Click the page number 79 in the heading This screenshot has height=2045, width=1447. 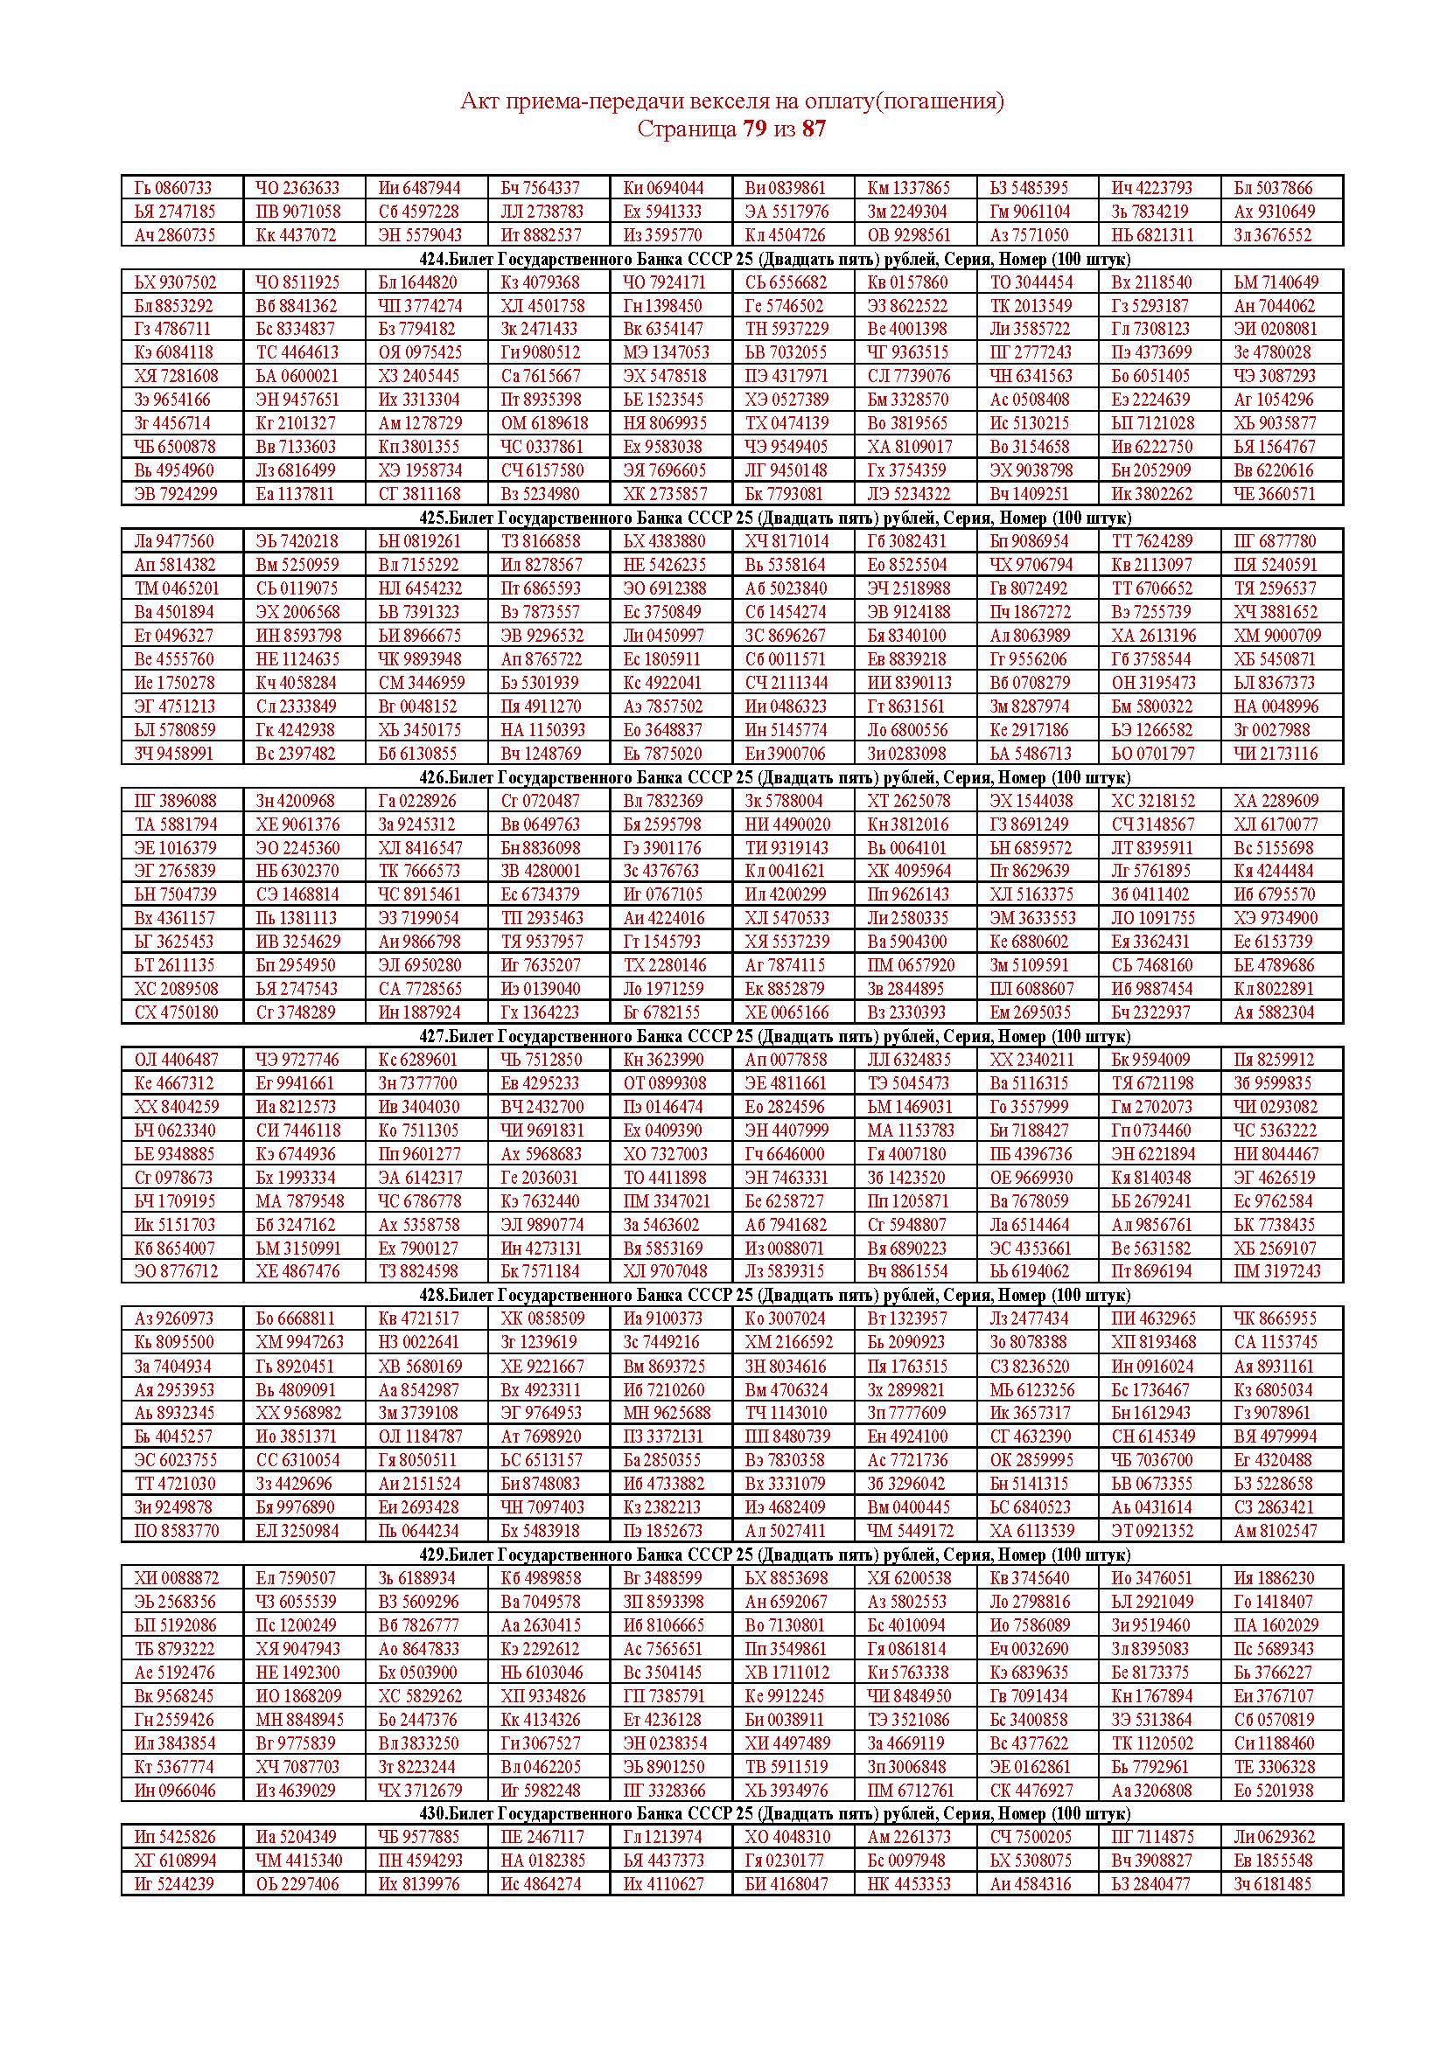tap(754, 129)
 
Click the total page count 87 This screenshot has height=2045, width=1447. tap(814, 129)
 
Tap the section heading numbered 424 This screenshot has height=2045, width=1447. tap(774, 259)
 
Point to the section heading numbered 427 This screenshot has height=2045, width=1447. tap(774, 1036)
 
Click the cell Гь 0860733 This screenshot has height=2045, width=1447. tap(174, 188)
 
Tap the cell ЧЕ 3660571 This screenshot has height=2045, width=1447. tap(1274, 493)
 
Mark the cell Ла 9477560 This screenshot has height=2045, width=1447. tap(174, 540)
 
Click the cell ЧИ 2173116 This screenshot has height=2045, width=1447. tap(1274, 753)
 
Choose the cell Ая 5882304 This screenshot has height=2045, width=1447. tap(1274, 1012)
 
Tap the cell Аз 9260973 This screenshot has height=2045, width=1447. tap(174, 1318)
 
